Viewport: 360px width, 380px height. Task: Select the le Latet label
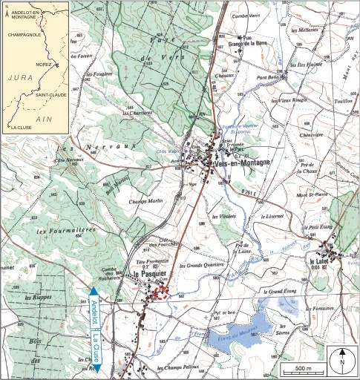click(x=321, y=261)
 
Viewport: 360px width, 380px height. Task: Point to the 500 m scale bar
click(x=302, y=367)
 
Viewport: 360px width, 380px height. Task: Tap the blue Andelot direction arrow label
click(x=94, y=312)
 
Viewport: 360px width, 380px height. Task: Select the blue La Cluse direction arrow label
click(x=97, y=348)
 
